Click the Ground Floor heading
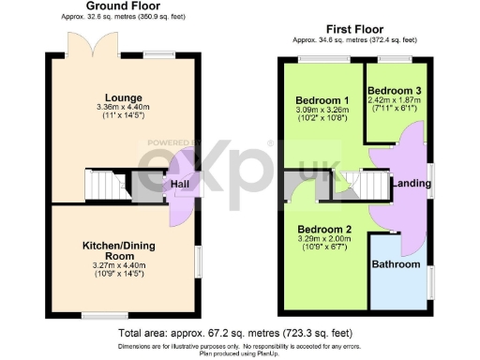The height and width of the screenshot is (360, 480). click(x=123, y=7)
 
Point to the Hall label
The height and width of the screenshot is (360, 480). click(x=181, y=185)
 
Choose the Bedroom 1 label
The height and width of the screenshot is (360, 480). click(x=322, y=100)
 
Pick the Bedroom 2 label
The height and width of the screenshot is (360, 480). click(x=323, y=229)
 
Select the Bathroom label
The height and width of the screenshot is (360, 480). click(x=397, y=264)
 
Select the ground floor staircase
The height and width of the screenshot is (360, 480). click(x=104, y=185)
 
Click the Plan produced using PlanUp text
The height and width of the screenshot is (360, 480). click(x=239, y=353)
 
